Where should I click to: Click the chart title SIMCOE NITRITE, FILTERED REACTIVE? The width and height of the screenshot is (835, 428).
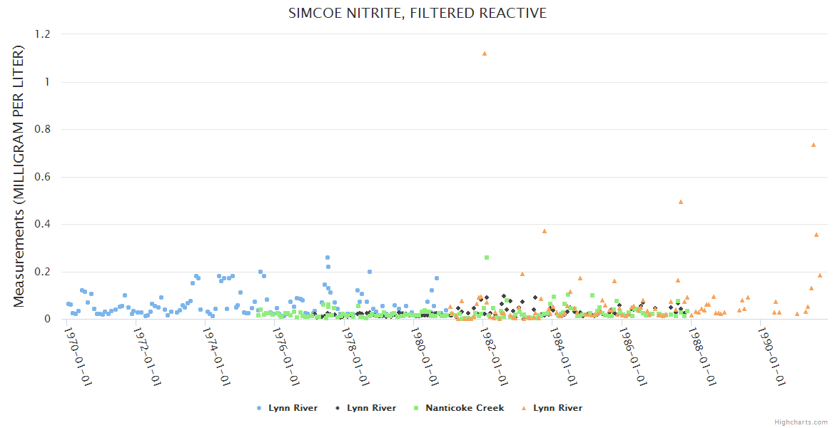tap(417, 14)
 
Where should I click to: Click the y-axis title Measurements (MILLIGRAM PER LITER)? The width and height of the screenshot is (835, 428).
tap(19, 176)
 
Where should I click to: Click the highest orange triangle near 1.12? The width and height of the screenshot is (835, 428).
tap(485, 53)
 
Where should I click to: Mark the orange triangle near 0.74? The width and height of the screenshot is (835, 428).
tap(814, 145)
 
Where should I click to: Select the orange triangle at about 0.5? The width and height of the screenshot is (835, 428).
tap(681, 202)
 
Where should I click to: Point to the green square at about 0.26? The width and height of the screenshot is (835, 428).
tap(487, 258)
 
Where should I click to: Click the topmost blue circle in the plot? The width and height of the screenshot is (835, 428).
tap(328, 258)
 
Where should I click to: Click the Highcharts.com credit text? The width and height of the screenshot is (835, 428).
tap(801, 422)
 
